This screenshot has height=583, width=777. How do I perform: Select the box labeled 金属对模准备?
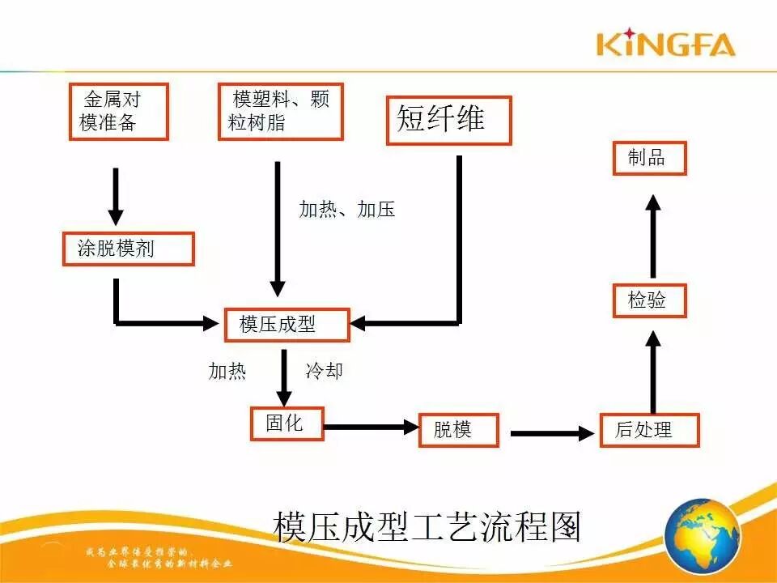coord(118,111)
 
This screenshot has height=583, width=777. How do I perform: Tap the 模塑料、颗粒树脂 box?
coord(280,111)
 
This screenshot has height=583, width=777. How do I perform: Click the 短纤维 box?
coord(448,121)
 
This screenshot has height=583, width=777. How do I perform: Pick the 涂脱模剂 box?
coord(129,249)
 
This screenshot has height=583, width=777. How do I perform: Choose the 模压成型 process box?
coord(287,325)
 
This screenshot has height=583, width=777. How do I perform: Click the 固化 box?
coord(287,423)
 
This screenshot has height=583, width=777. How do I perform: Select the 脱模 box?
coord(458,429)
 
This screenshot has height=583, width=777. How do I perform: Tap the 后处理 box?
coord(649,430)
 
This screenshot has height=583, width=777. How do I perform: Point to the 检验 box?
coord(649,301)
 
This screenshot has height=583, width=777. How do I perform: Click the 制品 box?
coord(649,158)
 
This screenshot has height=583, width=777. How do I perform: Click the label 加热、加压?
coord(347,210)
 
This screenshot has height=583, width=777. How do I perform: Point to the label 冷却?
coord(325,371)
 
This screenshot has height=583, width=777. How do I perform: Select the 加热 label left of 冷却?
coord(227,371)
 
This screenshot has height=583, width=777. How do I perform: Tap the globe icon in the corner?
coord(703,536)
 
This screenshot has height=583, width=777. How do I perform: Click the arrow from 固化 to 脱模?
coord(371,427)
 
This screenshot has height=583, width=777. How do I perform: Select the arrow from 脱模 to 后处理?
coord(554,434)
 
